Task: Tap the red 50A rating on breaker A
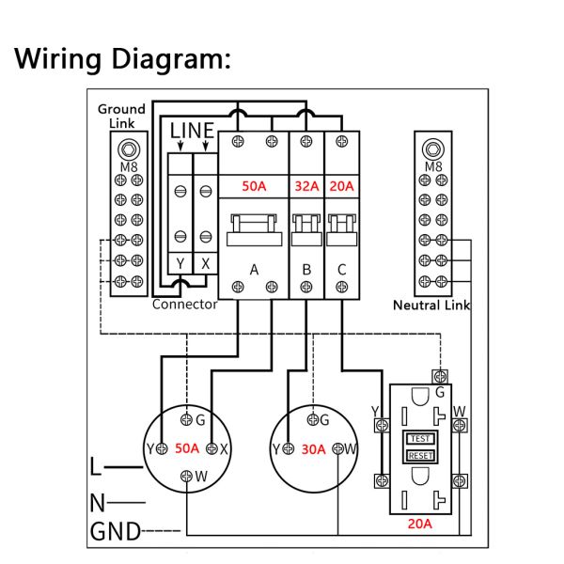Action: [254, 186]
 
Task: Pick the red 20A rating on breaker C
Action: [341, 186]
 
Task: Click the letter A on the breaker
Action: [254, 271]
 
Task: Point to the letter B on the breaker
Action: [306, 271]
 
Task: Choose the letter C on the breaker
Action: [341, 271]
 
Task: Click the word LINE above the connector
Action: [192, 131]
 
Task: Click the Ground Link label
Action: [121, 117]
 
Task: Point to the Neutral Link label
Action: [431, 305]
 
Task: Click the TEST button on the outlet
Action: [418, 439]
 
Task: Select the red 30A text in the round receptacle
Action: [313, 448]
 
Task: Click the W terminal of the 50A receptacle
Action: [188, 477]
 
